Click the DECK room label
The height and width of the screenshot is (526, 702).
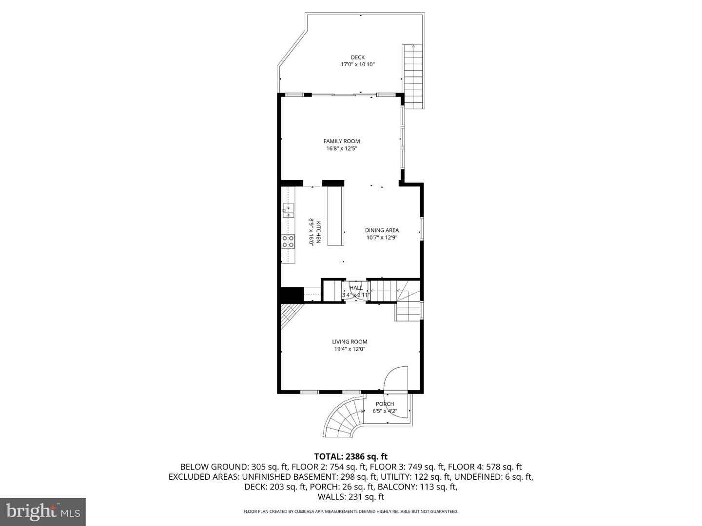tap(357, 57)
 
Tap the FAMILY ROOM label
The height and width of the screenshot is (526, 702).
tap(342, 141)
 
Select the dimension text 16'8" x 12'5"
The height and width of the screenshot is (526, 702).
tap(342, 149)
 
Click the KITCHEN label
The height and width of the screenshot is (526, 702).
tap(318, 232)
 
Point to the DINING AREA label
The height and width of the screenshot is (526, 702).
tap(382, 230)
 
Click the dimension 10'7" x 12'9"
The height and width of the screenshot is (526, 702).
tap(382, 238)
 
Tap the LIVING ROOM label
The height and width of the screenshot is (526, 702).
tap(350, 342)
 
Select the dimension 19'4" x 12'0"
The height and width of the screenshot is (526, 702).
tap(350, 349)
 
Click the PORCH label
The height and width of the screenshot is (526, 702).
tap(385, 404)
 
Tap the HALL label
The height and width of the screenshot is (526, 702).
tap(356, 288)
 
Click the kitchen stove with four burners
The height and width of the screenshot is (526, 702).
tap(288, 242)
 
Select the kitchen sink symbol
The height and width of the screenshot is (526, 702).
tap(289, 211)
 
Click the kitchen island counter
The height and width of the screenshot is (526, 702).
tap(335, 216)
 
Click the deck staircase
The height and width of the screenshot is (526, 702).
tap(413, 76)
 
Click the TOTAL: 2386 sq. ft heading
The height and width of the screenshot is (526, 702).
tap(351, 456)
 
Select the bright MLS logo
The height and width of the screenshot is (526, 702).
tap(43, 511)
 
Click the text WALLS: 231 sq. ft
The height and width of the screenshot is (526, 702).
tap(351, 497)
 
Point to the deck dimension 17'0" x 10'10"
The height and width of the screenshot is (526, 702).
tap(357, 64)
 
